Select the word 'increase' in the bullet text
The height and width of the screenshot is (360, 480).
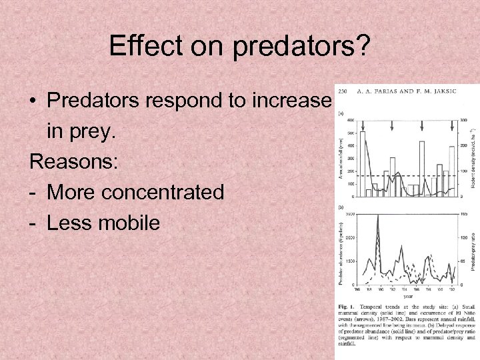coord(294,101)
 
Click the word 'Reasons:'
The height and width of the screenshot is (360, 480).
coord(71,162)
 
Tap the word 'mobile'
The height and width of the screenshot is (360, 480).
coord(127,223)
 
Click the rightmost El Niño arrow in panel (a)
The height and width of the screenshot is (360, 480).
coord(451,125)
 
